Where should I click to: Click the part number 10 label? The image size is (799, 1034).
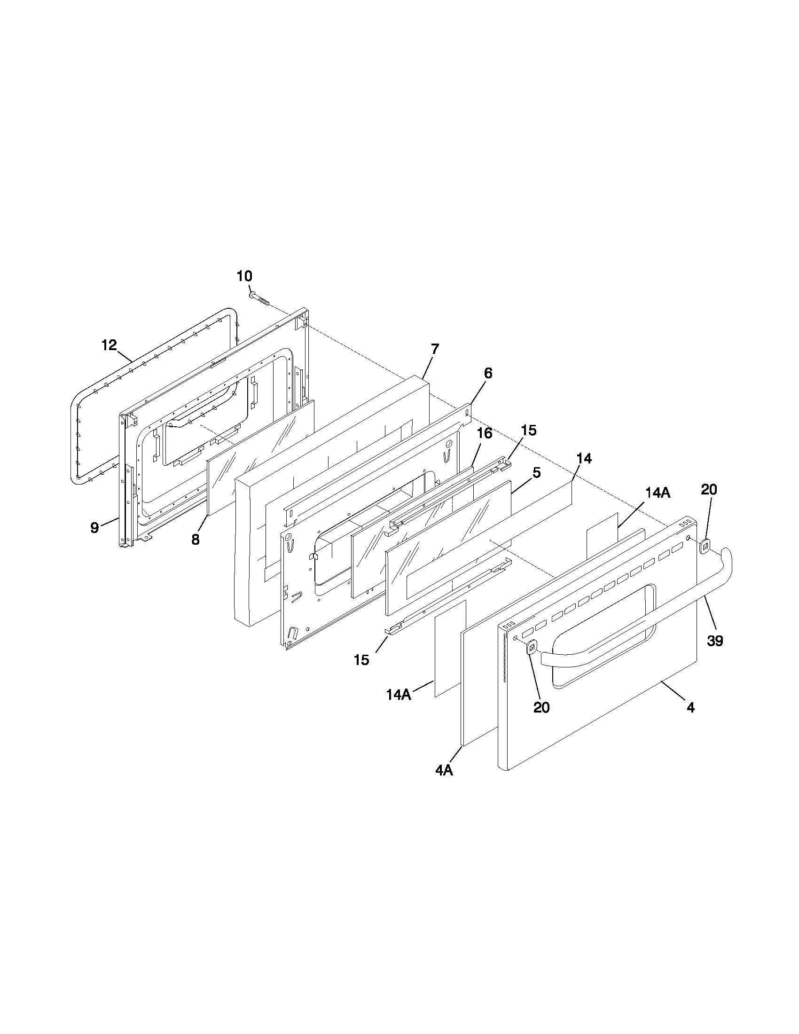pyautogui.click(x=245, y=276)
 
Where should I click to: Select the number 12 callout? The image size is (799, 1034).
pyautogui.click(x=109, y=345)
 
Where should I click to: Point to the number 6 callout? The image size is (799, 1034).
pyautogui.click(x=487, y=373)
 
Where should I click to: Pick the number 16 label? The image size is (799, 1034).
pyautogui.click(x=484, y=433)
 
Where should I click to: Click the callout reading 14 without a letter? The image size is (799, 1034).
pyautogui.click(x=584, y=458)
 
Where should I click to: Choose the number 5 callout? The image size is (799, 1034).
pyautogui.click(x=536, y=472)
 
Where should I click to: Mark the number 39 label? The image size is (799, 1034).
pyautogui.click(x=715, y=641)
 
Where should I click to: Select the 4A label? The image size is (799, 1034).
pyautogui.click(x=444, y=771)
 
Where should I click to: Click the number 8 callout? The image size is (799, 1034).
pyautogui.click(x=196, y=540)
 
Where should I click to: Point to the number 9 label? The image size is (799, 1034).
pyautogui.click(x=95, y=527)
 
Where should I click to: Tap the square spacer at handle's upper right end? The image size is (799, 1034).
pyautogui.click(x=705, y=546)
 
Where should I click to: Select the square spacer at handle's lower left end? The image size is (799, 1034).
pyautogui.click(x=532, y=646)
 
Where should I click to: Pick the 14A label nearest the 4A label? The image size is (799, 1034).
pyautogui.click(x=399, y=695)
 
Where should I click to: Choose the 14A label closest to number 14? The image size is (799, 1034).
pyautogui.click(x=658, y=493)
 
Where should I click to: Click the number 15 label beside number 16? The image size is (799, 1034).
pyautogui.click(x=529, y=431)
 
